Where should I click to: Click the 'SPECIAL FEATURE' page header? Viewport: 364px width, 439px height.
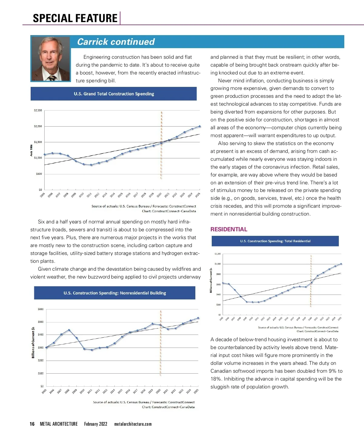(x=75, y=18)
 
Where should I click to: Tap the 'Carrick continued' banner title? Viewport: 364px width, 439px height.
(x=116, y=42)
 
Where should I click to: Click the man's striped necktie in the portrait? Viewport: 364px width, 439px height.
(x=52, y=78)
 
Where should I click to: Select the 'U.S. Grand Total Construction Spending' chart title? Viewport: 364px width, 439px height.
(x=114, y=94)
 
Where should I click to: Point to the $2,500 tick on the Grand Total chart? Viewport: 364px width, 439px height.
(x=38, y=111)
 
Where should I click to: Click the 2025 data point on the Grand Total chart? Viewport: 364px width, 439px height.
(x=200, y=126)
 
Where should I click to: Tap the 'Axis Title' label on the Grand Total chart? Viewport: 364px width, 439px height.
(x=31, y=150)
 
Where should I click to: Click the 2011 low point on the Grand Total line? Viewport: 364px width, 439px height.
(x=91, y=165)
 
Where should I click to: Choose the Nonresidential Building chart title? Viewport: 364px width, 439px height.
(x=115, y=293)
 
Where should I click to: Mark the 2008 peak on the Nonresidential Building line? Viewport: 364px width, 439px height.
(x=69, y=330)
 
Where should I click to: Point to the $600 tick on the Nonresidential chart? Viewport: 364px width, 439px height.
(x=41, y=309)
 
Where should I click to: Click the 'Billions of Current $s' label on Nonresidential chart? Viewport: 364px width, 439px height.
(x=33, y=342)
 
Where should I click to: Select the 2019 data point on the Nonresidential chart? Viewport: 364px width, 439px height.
(x=153, y=324)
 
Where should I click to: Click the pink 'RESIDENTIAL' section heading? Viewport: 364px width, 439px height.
(x=229, y=229)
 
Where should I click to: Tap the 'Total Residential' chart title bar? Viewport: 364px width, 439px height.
(x=275, y=241)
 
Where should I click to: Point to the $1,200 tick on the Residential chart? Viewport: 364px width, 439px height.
(x=217, y=254)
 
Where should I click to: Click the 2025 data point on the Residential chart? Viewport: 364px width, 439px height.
(x=341, y=264)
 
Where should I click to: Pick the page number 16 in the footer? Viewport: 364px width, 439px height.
(x=32, y=424)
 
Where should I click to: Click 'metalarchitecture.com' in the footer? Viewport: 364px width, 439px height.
(x=133, y=424)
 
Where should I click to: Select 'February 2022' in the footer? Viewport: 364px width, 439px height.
(x=96, y=424)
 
